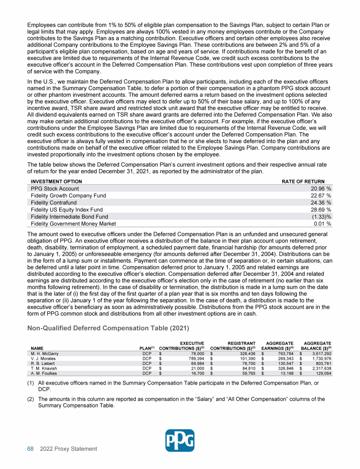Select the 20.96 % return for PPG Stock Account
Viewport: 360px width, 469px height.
tap(321, 189)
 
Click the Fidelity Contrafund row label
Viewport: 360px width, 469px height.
tap(54, 203)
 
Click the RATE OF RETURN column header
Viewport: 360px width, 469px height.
tap(303, 182)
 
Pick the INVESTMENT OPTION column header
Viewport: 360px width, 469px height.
tap(56, 182)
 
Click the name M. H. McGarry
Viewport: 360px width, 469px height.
tap(45, 354)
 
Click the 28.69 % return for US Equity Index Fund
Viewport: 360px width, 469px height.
tap(321, 210)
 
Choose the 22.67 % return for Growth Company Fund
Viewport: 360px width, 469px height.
tap(321, 196)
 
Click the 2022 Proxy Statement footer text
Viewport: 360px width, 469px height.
tap(69, 449)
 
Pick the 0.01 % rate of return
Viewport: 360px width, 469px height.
tap(322, 224)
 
